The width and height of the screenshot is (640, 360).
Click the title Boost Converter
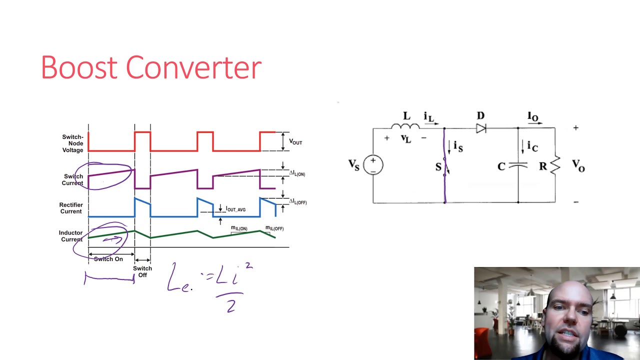pos(151,67)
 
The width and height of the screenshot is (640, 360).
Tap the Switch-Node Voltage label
pos(72,143)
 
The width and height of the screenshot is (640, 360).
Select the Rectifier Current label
pos(70,208)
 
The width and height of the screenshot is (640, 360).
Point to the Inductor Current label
pos(70,236)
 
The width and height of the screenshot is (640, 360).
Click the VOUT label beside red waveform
pos(295,142)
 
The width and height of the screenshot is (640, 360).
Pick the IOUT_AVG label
pos(235,209)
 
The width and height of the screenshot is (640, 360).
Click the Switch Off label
pos(142,272)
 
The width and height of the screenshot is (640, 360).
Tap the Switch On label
pos(108,259)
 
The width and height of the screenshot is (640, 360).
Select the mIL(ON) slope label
pos(239,228)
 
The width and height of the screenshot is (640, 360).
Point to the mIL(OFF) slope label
pos(274,228)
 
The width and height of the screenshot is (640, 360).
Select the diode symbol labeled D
pos(481,128)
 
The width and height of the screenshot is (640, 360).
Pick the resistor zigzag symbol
pos(555,165)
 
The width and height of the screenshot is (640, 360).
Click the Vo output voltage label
pos(578,165)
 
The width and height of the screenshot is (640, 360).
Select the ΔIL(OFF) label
pos(298,202)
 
